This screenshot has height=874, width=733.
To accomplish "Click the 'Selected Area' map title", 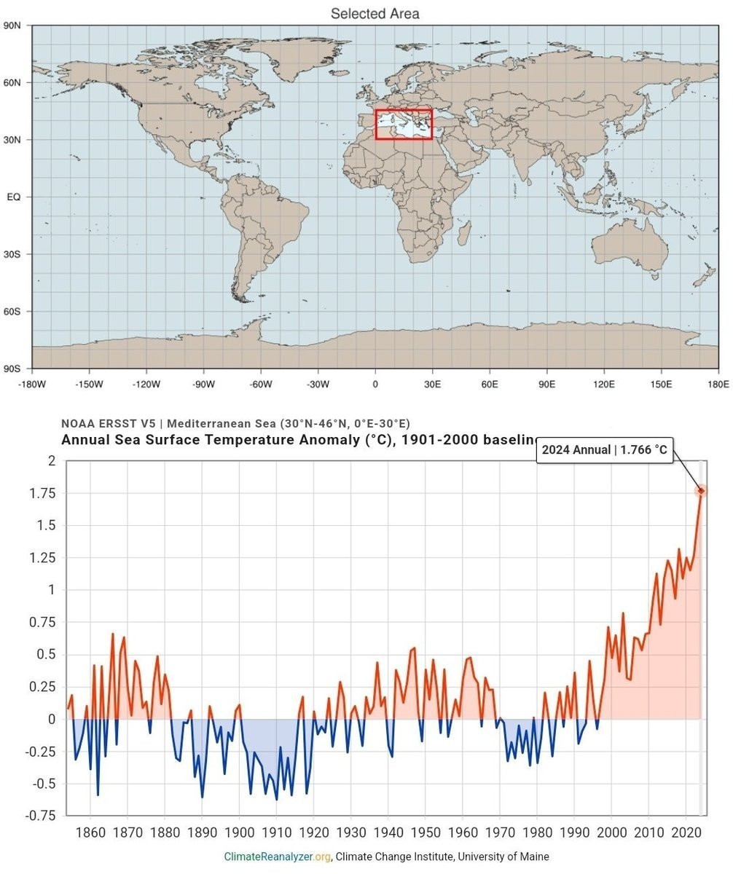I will tap(375, 14).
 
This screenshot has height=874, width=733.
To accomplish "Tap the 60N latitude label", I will tap(13, 82).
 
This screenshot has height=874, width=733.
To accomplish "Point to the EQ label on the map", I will tap(14, 197).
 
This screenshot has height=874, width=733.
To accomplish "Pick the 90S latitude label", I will tap(13, 369).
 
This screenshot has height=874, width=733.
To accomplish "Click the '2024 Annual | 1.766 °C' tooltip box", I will tap(604, 449).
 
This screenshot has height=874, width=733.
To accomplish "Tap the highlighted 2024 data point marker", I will tap(701, 492).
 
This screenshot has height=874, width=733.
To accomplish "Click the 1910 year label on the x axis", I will tap(276, 832).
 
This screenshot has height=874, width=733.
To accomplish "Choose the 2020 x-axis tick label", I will tap(686, 832).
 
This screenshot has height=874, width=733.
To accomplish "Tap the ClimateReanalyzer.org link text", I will tap(278, 857).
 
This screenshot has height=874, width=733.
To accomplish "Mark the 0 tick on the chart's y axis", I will tap(51, 719).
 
